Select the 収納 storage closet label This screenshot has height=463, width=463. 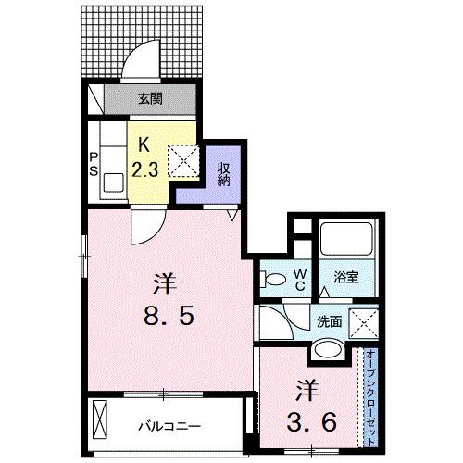(x=223, y=173)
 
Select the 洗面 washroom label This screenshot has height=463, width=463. (x=331, y=320)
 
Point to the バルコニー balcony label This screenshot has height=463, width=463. (x=168, y=426)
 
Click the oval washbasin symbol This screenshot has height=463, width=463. (x=325, y=350)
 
